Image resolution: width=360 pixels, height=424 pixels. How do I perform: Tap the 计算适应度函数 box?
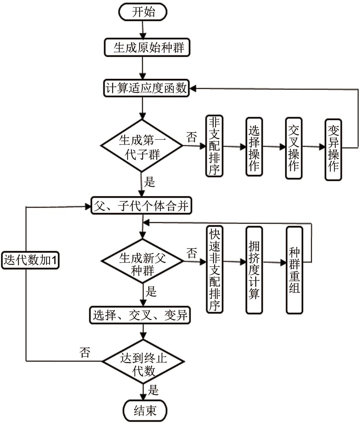point(146,88)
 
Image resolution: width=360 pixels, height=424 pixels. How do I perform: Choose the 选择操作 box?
point(254,147)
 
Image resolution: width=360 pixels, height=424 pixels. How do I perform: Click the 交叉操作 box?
point(294,147)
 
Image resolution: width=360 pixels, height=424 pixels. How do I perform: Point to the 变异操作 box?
point(333,149)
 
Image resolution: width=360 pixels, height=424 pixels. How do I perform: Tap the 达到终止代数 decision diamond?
point(143,360)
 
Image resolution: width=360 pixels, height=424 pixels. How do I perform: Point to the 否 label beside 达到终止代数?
point(85,352)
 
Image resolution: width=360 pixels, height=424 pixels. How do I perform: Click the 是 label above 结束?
point(153,390)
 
